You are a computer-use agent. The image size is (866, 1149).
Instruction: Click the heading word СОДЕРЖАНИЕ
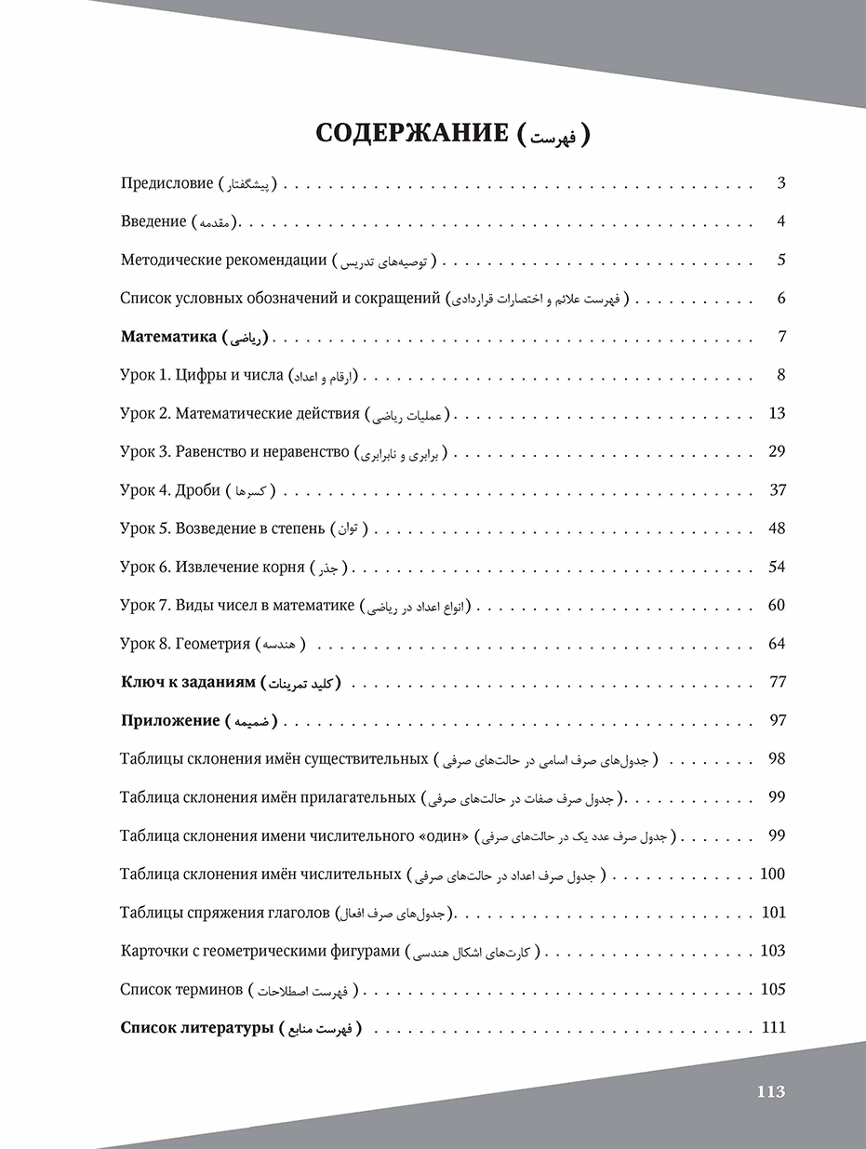pyautogui.click(x=410, y=133)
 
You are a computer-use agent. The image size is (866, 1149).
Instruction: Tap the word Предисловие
pyautogui.click(x=167, y=183)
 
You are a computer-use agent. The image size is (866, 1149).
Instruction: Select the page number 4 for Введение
pyautogui.click(x=781, y=221)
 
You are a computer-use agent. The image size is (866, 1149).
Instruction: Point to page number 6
pyautogui.click(x=781, y=299)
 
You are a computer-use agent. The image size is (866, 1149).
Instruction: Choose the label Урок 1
pyautogui.click(x=144, y=375)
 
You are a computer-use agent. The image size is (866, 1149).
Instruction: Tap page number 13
pyautogui.click(x=778, y=414)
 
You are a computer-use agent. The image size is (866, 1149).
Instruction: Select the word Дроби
pyautogui.click(x=197, y=490)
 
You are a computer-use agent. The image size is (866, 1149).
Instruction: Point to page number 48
pyautogui.click(x=778, y=528)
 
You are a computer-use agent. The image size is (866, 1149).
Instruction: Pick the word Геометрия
pyautogui.click(x=213, y=644)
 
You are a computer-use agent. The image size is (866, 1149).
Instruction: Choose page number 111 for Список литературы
pyautogui.click(x=774, y=1027)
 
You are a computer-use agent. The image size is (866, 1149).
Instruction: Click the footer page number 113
pyautogui.click(x=771, y=1092)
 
